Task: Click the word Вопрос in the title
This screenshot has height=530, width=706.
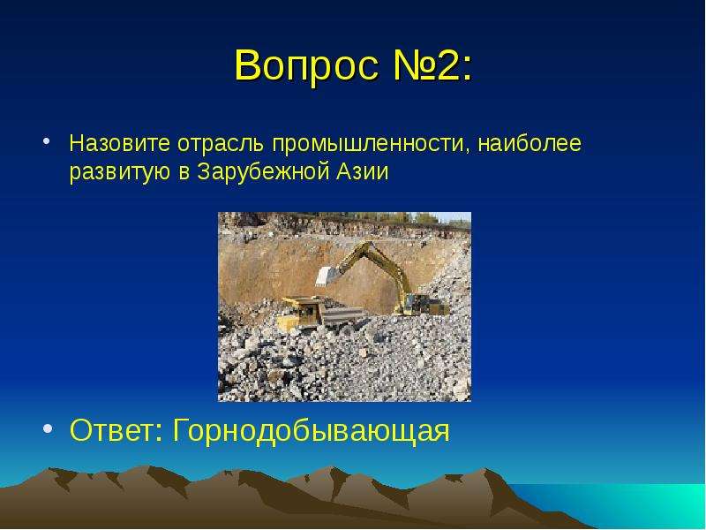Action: (306, 65)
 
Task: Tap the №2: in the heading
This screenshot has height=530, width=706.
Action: (433, 64)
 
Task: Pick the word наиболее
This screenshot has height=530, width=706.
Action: (529, 143)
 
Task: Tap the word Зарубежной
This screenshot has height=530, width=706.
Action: (263, 171)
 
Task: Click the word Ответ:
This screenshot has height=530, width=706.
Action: (116, 430)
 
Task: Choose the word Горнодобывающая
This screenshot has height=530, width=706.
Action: (312, 432)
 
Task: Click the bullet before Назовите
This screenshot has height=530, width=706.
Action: (46, 141)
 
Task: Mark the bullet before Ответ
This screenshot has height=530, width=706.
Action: (48, 428)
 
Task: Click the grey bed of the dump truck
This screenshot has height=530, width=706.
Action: (342, 315)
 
